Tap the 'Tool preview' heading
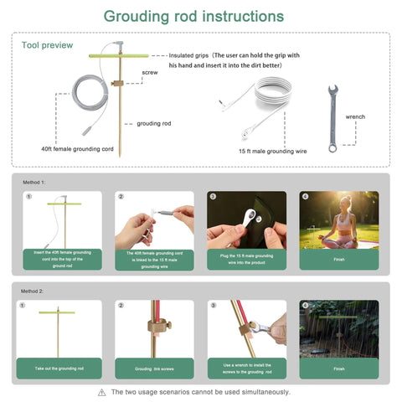[47, 45]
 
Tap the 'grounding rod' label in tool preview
[154, 122]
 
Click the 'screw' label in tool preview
[150, 73]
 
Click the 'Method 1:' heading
[35, 182]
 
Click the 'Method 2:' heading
[35, 291]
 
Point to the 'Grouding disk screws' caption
[153, 368]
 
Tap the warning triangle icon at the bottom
[101, 392]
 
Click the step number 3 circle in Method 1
[213, 197]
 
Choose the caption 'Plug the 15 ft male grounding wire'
[246, 259]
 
